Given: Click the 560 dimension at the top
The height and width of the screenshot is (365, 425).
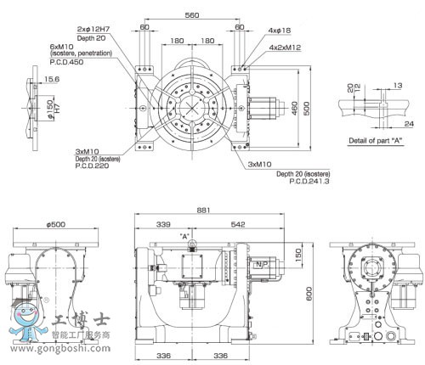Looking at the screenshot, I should pos(192,15).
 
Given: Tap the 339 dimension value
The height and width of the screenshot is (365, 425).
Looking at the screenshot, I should pos(165,224).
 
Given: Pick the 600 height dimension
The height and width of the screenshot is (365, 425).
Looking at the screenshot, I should pos(310,294).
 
